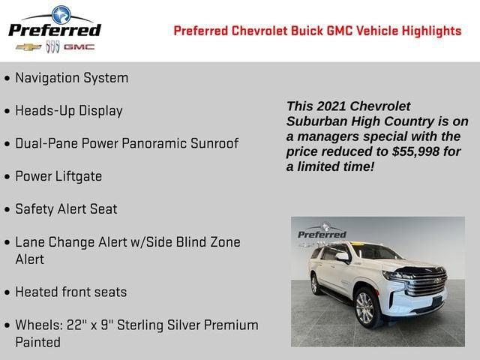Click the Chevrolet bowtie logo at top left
28,46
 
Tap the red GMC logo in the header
79,46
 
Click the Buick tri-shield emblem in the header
52,46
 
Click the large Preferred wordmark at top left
54,30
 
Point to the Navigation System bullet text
71,78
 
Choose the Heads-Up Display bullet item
68,111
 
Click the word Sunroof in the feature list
212,143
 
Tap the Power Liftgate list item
58,176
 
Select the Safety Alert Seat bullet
66,209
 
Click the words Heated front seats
71,292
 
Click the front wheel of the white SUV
365,308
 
